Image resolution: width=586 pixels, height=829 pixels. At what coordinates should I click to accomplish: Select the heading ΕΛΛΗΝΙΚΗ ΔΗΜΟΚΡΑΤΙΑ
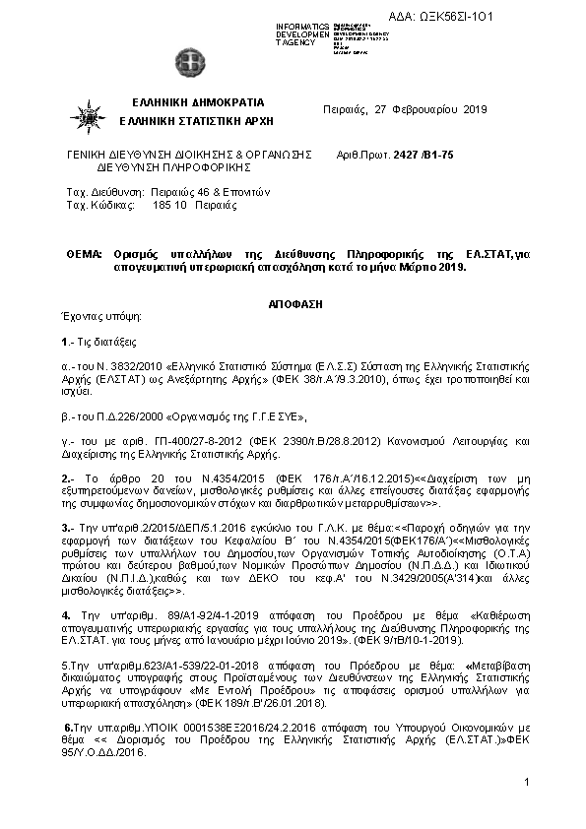click(x=198, y=103)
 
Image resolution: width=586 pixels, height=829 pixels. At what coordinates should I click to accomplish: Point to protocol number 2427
click(x=404, y=155)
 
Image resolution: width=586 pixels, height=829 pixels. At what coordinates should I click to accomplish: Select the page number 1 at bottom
click(x=527, y=782)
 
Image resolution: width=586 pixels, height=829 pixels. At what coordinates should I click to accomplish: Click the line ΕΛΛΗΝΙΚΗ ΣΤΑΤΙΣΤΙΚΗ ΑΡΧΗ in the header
click(x=196, y=121)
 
